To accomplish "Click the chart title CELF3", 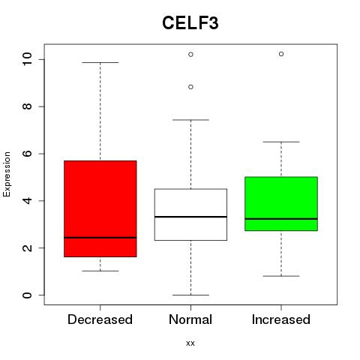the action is [190, 23].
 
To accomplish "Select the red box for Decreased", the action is [100, 208].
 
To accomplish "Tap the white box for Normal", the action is [190, 214].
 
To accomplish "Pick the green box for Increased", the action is [281, 204].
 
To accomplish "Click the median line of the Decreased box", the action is [100, 238].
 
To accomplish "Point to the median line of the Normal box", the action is [190, 217].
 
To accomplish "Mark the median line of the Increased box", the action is [281, 219].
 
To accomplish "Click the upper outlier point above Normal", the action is [190, 55].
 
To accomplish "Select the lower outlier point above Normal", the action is [190, 87].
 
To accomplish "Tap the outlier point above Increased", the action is [281, 54].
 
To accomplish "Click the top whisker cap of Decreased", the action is [100, 62].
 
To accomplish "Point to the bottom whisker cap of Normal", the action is [190, 295].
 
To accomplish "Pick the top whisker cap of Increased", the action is [281, 142].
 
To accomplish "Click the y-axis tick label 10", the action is [27, 59].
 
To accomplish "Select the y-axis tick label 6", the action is [27, 154].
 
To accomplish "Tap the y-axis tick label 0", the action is [27, 295].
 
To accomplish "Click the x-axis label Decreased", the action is [100, 319].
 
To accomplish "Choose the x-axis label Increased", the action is [281, 319].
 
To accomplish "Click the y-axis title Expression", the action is [7, 174].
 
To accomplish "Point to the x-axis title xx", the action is [190, 343].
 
